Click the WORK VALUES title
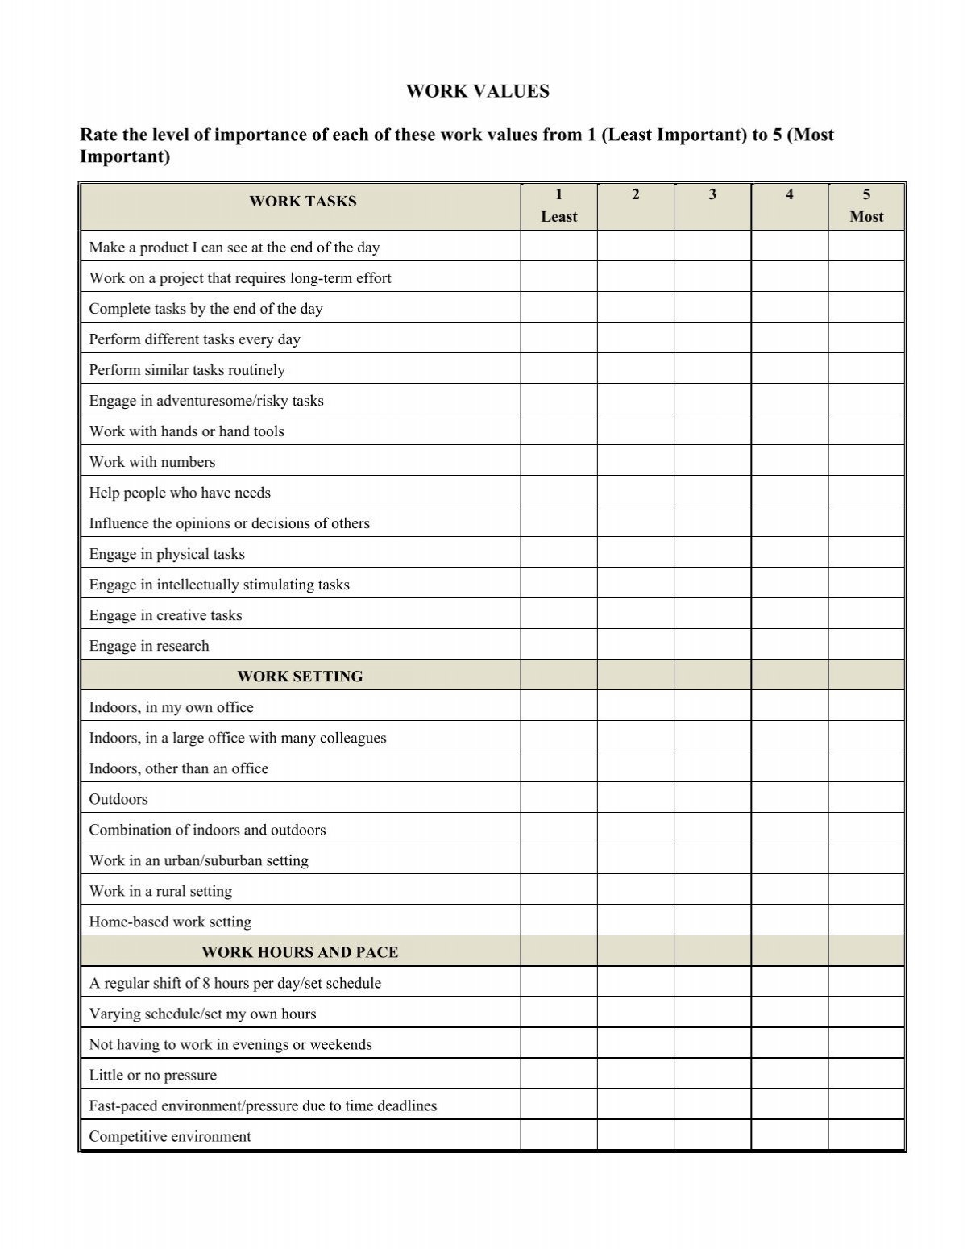click(477, 91)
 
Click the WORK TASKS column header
click(302, 202)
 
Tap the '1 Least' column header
click(558, 206)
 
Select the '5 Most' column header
click(866, 206)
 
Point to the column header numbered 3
click(712, 194)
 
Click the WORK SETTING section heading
click(300, 677)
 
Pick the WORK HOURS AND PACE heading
click(300, 952)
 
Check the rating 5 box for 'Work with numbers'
click(866, 462)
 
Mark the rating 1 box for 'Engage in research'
click(558, 646)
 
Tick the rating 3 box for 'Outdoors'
click(712, 799)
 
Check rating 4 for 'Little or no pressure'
click(790, 1075)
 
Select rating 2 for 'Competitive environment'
click(636, 1136)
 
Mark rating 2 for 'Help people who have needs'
click(636, 493)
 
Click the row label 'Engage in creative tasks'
click(165, 615)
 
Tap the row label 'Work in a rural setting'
click(160, 891)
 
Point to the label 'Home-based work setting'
click(170, 922)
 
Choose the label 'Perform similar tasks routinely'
click(187, 370)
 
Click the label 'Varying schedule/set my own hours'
click(202, 1014)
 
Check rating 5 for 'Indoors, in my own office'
click(866, 707)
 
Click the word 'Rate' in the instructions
click(97, 135)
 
